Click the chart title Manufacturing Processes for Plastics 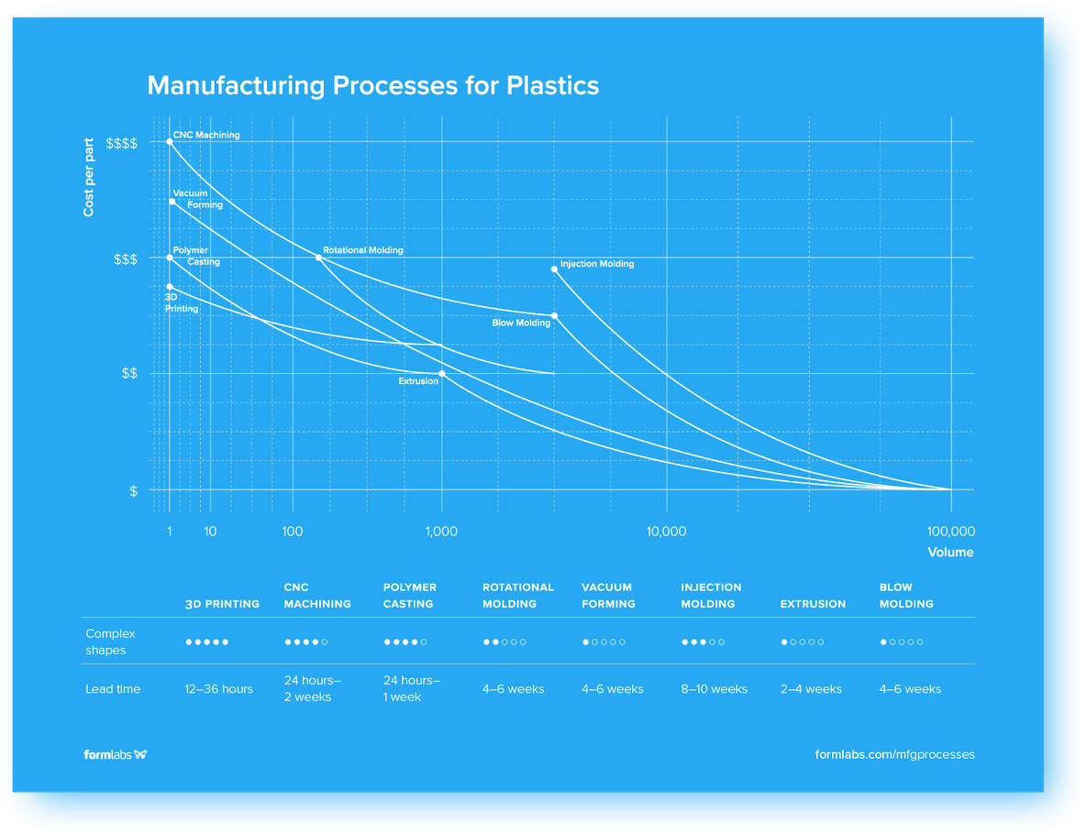pos(372,85)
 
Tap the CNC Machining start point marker pos(170,142)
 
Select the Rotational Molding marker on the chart pos(319,258)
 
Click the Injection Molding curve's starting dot pos(554,269)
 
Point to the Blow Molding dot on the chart pos(554,316)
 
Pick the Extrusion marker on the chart pos(442,373)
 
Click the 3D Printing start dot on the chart pos(170,287)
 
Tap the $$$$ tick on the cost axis pos(122,144)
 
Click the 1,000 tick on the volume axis pos(442,532)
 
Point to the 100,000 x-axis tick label pos(951,532)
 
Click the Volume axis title pos(950,553)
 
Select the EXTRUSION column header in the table pos(813,604)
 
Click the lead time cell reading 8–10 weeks pos(714,689)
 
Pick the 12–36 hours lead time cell pos(218,689)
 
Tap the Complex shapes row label pos(110,642)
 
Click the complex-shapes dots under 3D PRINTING pos(206,642)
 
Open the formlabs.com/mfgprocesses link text pos(894,754)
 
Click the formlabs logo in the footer pos(116,754)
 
